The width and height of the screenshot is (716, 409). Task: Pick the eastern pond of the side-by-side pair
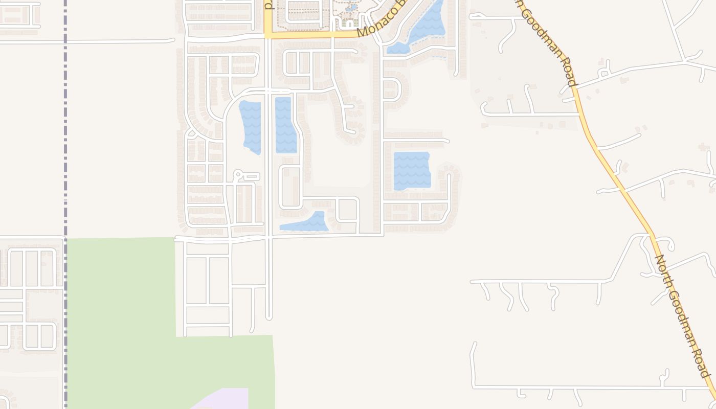pyautogui.click(x=285, y=125)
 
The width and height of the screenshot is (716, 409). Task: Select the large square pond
pyautogui.click(x=412, y=170)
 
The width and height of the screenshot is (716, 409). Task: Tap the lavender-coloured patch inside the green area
pyautogui.click(x=225, y=399)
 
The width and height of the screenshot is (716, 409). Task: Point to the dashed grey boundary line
pyautogui.click(x=65, y=153)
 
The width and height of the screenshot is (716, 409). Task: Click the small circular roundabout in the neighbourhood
pyautogui.click(x=237, y=175)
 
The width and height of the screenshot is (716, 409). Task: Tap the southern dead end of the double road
pyautogui.click(x=269, y=317)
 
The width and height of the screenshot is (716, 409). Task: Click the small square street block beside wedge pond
pyautogui.click(x=348, y=210)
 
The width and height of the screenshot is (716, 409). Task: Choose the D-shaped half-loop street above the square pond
pyautogui.click(x=392, y=89)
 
